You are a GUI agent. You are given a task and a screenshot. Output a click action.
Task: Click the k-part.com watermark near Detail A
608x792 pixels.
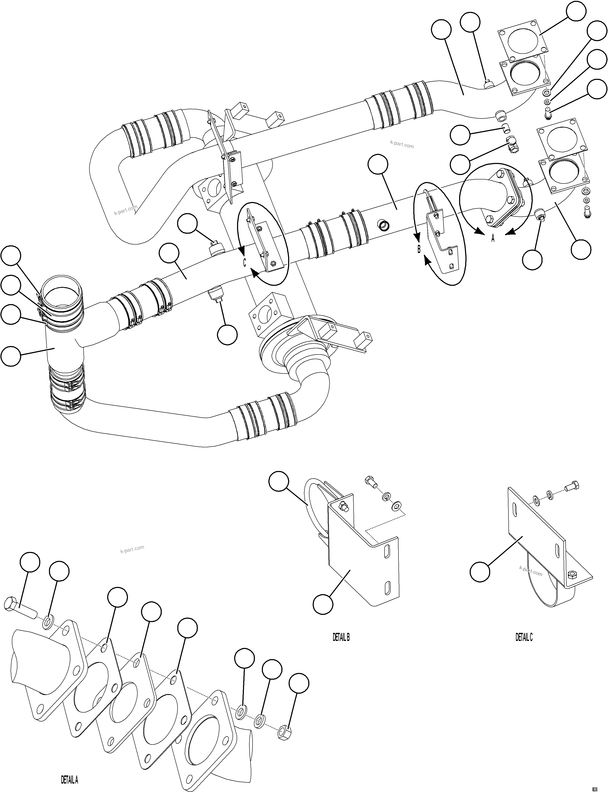[x=132, y=549]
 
